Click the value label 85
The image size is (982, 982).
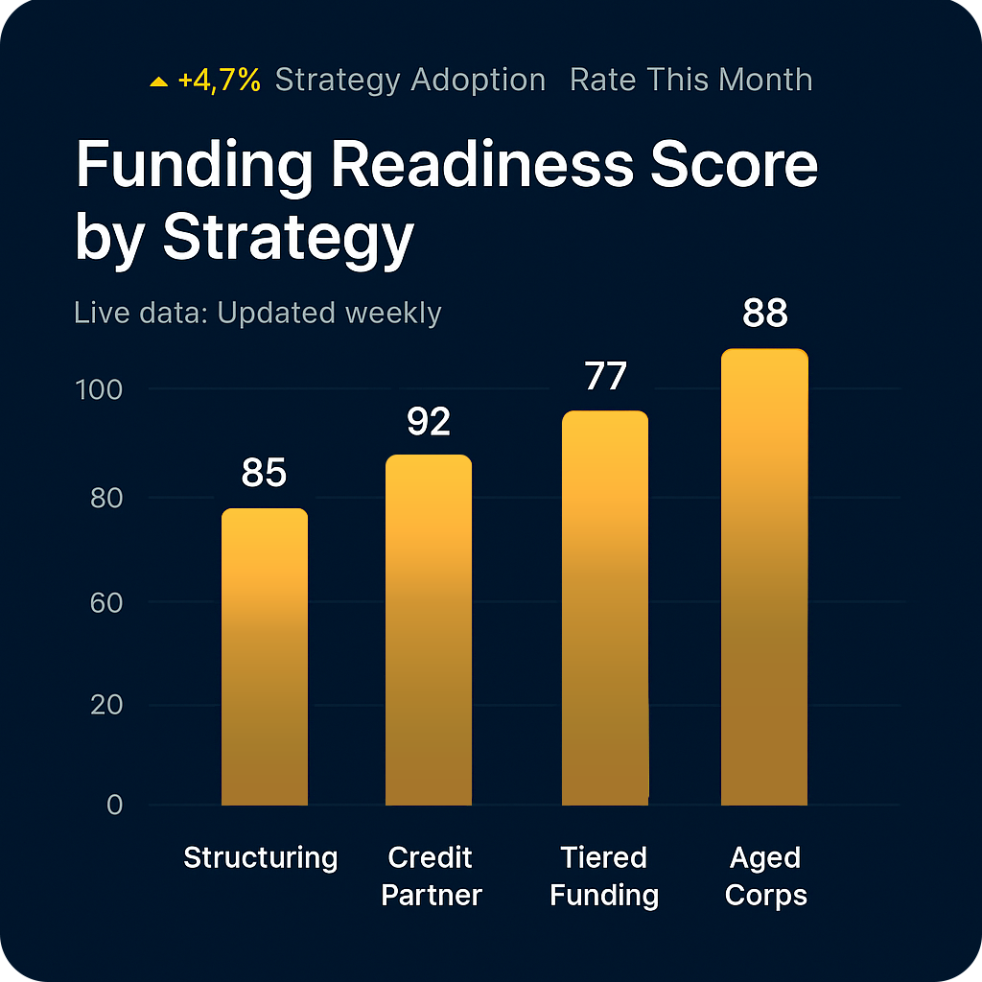(265, 474)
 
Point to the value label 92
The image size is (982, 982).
(429, 422)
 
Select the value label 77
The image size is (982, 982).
(605, 377)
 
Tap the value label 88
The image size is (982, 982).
(764, 314)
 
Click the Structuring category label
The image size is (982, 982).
(261, 857)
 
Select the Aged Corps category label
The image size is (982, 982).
(765, 877)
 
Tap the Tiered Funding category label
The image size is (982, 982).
(604, 877)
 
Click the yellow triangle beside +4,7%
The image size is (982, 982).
(159, 82)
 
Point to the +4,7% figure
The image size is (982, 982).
(220, 81)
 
